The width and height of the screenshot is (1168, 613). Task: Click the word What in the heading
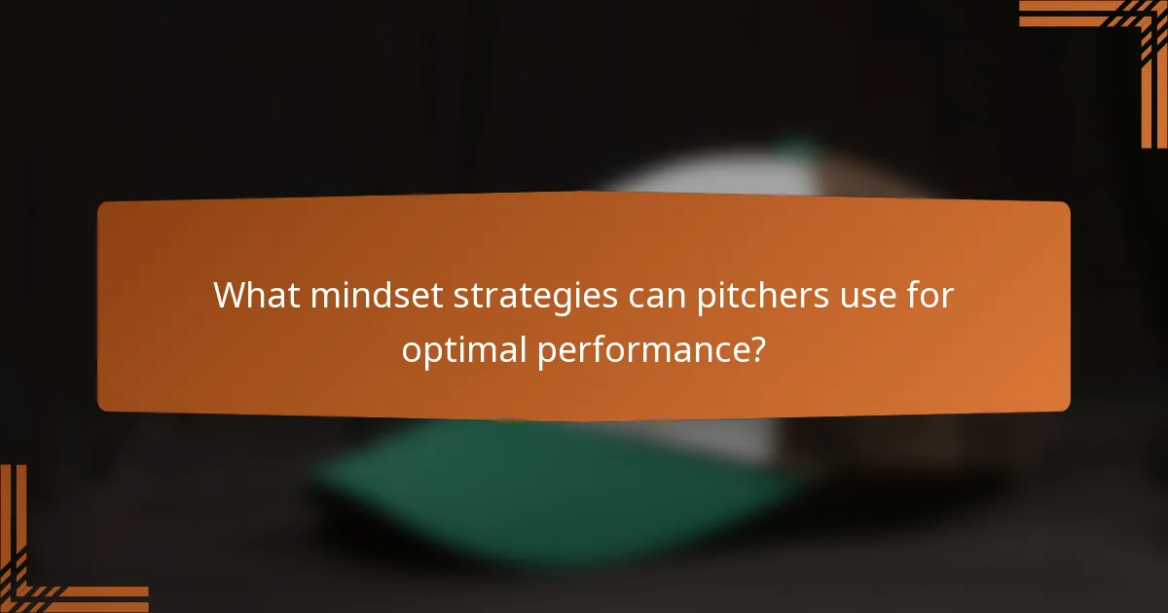pyautogui.click(x=256, y=294)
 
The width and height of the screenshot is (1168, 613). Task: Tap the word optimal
pyautogui.click(x=462, y=348)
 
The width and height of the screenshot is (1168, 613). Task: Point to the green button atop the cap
pyautogui.click(x=800, y=147)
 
